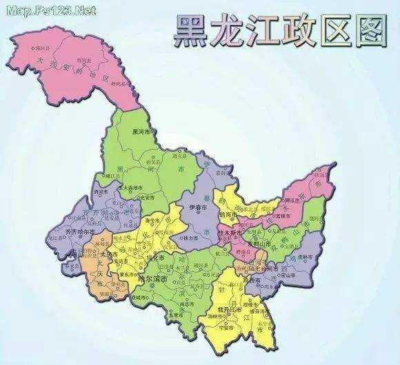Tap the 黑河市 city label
(140, 132)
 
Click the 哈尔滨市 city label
(154, 280)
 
